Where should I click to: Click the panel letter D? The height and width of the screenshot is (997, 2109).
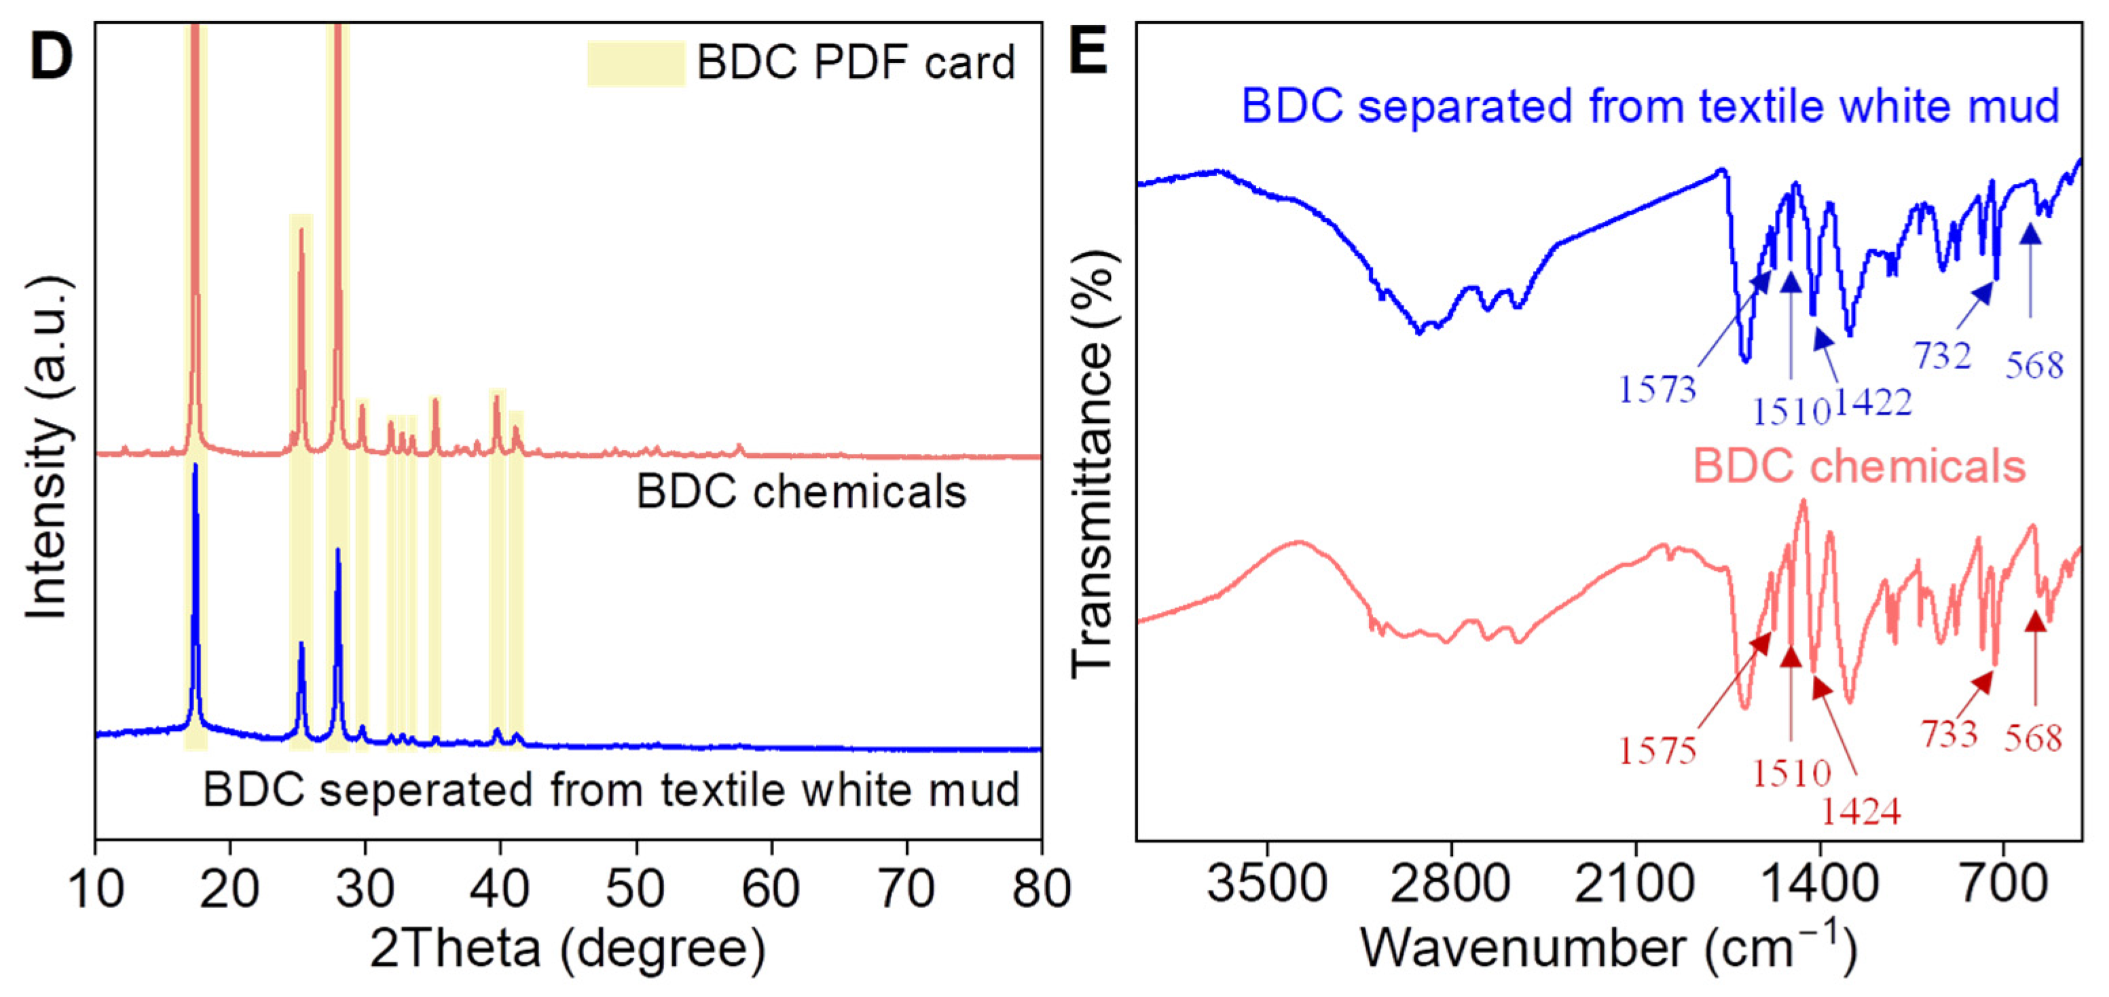pyautogui.click(x=51, y=56)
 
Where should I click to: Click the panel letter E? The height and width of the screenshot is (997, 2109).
pyautogui.click(x=1089, y=51)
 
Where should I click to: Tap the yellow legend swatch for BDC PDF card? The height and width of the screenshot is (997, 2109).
pyautogui.click(x=636, y=63)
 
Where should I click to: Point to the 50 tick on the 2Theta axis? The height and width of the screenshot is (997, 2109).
pyautogui.click(x=636, y=888)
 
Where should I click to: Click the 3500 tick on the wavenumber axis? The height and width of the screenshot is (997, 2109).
pyautogui.click(x=1266, y=885)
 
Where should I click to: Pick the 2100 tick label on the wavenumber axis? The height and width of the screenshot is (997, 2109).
pyautogui.click(x=1634, y=885)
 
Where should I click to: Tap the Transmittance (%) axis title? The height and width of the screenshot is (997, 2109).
pyautogui.click(x=1093, y=462)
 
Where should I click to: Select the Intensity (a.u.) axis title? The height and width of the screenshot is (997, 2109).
pyautogui.click(x=47, y=449)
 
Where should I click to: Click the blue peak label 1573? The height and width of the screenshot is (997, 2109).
pyautogui.click(x=1657, y=389)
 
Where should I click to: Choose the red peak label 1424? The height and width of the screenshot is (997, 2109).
pyautogui.click(x=1860, y=811)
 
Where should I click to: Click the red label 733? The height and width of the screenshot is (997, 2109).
pyautogui.click(x=1949, y=734)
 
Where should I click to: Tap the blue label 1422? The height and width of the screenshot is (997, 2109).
pyautogui.click(x=1873, y=402)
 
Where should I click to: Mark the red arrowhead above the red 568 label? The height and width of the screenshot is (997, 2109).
pyautogui.click(x=2035, y=622)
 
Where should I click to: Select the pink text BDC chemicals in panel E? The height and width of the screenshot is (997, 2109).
pyautogui.click(x=1858, y=466)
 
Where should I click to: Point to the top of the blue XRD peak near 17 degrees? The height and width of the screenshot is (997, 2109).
pyautogui.click(x=195, y=466)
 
